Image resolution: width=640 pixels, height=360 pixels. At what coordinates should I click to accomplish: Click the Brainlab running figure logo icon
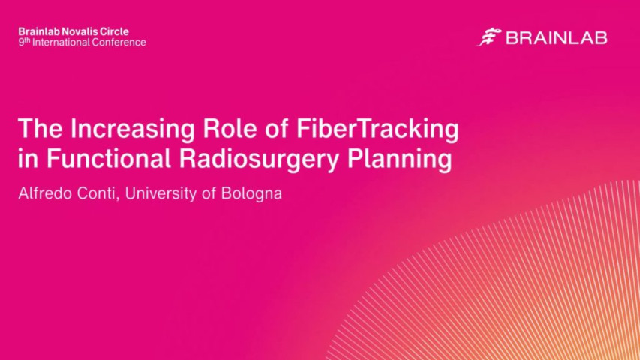(489, 37)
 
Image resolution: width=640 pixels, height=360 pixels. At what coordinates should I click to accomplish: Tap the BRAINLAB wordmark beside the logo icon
(556, 38)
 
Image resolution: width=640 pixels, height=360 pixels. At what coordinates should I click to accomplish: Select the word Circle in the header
(113, 31)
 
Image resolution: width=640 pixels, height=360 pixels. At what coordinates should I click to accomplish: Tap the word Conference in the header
(119, 43)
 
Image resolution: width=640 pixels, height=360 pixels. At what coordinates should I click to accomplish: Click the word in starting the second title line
(26, 160)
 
